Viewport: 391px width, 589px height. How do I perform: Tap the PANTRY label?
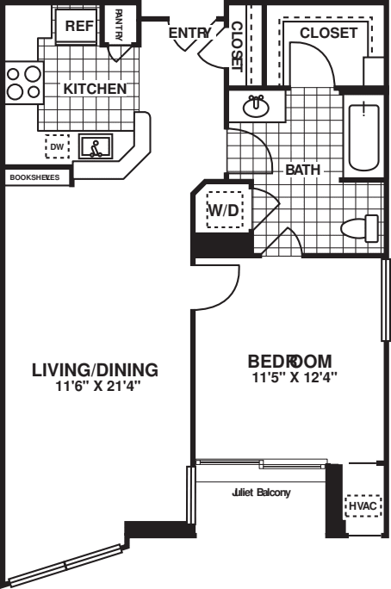pos(118,23)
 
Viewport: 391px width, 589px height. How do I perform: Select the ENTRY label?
pos(189,33)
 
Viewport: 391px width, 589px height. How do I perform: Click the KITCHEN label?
pos(95,89)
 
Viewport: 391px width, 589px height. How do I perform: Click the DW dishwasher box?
pos(57,147)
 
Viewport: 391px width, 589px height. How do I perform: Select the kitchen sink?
pos(95,147)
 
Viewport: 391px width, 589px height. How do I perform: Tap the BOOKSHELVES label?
pos(34,177)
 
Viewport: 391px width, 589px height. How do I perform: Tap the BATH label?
pos(302,170)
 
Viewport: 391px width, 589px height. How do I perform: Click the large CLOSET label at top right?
pos(328,33)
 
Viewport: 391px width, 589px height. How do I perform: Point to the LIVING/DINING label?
pos(95,370)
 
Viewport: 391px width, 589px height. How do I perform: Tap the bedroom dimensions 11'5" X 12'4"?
pos(295,376)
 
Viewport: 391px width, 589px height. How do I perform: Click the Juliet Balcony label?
pos(261,493)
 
